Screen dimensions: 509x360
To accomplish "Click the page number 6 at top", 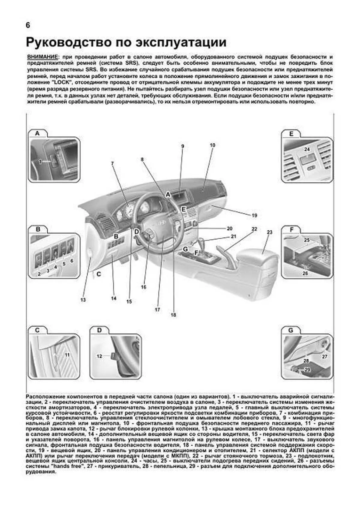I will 28,25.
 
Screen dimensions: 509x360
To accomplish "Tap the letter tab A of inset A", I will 37,133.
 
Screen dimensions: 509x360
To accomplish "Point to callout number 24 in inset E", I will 307,149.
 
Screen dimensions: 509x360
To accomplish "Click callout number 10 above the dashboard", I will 212,145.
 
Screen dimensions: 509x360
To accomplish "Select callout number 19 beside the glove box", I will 254,215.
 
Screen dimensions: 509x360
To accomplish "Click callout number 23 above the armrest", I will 269,232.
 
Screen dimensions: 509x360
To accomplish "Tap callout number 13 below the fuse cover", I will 83,300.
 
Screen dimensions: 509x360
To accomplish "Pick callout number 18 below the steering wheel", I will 173,315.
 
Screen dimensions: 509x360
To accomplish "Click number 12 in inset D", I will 99,356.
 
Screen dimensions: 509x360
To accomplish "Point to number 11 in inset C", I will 67,355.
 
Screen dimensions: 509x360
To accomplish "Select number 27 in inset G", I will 325,357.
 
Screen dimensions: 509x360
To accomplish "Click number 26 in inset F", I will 305,273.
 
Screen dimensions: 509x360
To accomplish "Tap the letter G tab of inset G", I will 291,330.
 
